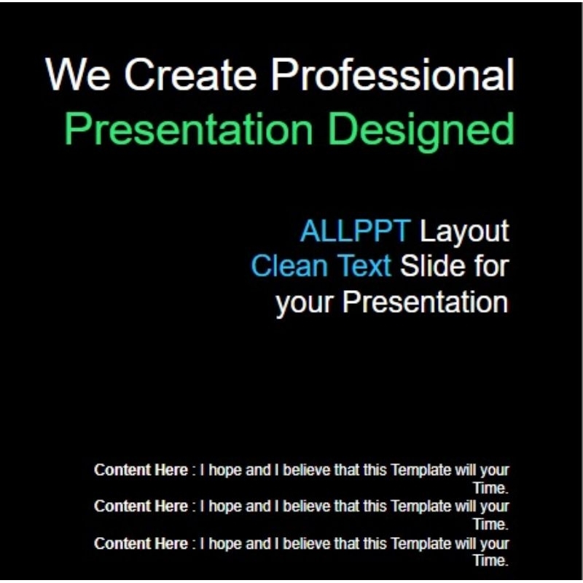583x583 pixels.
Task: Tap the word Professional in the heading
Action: (397, 74)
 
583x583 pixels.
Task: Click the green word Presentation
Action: (189, 130)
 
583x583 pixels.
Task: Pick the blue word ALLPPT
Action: (355, 232)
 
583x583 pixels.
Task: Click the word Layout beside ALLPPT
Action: (463, 232)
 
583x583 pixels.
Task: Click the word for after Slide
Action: (490, 266)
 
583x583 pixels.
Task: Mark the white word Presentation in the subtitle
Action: (425, 302)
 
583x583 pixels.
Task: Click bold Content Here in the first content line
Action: (141, 470)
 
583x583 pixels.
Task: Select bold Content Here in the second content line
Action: (141, 506)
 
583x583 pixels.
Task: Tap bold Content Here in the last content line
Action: (141, 543)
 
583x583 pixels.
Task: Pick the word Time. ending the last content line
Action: (490, 560)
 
